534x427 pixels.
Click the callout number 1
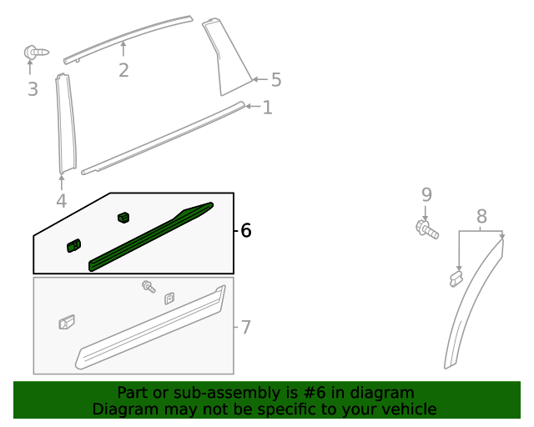coord(267,108)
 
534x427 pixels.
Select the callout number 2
coord(123,70)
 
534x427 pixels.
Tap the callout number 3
coord(33,88)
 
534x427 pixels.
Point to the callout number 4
coord(61,201)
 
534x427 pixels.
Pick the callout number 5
coord(275,80)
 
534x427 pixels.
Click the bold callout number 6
coord(245,230)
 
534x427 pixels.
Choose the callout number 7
coord(245,327)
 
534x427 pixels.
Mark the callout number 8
coord(481,217)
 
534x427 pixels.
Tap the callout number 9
coord(426,194)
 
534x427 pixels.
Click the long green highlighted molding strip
coord(150,236)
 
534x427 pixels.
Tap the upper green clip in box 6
coord(123,218)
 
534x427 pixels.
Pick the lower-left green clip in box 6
coord(73,244)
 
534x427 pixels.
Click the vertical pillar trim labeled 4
coord(65,125)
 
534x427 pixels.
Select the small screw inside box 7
coord(149,287)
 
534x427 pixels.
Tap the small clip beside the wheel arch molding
coord(456,278)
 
